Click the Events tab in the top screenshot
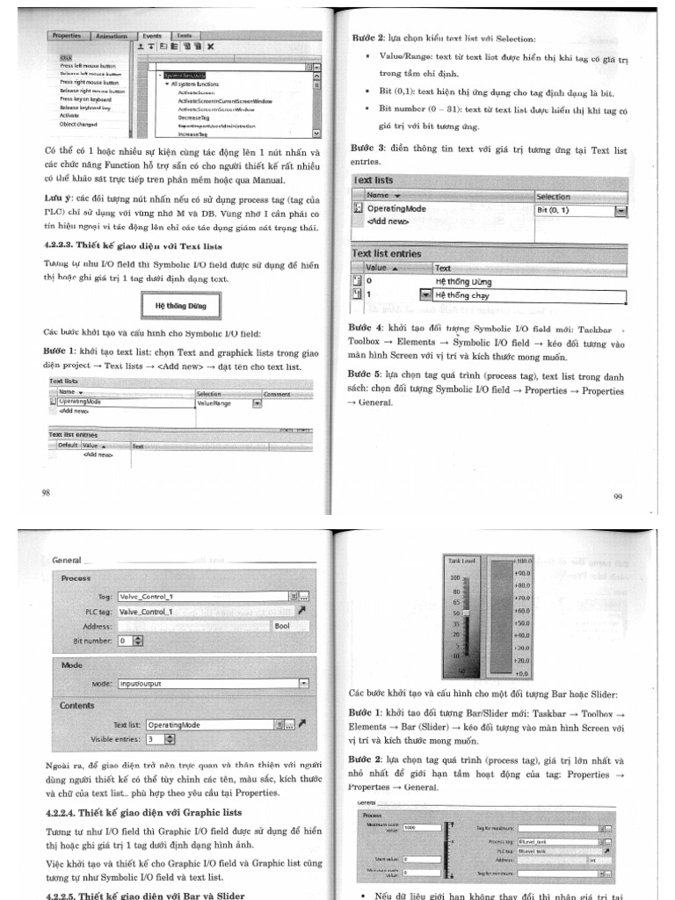point(152,36)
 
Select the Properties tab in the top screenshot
point(67,36)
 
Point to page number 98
point(47,492)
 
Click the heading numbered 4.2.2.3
point(133,246)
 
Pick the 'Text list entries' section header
point(387,253)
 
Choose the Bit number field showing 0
point(125,641)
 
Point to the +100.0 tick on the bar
point(523,560)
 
